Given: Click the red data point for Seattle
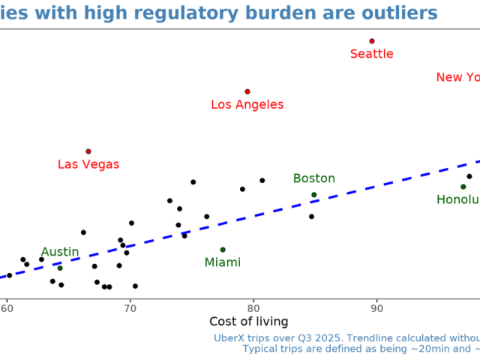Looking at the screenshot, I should [x=372, y=41].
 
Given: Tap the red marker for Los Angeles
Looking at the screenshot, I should [x=247, y=91].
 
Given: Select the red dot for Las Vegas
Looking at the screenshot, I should [x=88, y=151].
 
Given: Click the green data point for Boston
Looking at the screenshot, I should [x=314, y=195].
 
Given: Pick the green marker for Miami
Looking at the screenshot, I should [x=223, y=250].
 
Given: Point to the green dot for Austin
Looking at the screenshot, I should [x=60, y=268].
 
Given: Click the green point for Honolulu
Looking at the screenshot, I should [x=463, y=187].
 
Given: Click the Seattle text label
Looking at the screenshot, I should [x=372, y=54].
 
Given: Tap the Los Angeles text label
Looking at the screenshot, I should [x=247, y=105].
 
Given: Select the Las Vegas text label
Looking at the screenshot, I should [x=88, y=164].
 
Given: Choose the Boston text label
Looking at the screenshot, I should [x=314, y=178].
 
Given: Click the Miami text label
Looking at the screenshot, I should [x=223, y=262].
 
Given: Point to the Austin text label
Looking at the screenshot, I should [x=60, y=252].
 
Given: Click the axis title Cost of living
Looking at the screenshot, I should [x=249, y=322].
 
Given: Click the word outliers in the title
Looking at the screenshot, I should [x=400, y=13].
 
